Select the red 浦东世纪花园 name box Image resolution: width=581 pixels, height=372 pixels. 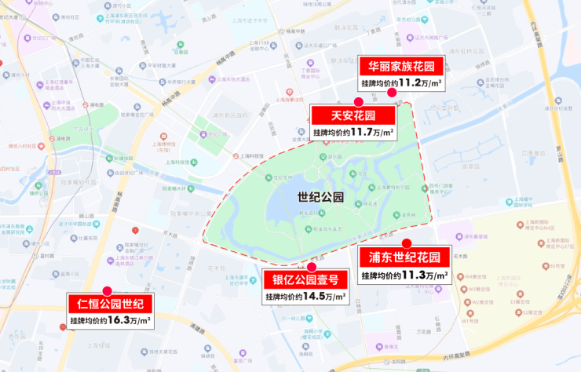pos(404,258)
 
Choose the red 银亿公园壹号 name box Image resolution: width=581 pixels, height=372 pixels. pos(305,280)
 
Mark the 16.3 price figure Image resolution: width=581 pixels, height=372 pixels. pos(119,320)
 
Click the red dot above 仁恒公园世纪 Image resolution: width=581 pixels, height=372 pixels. pos(108,290)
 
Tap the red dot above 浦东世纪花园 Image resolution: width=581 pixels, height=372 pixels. pos(407,243)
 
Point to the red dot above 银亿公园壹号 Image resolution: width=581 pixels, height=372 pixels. pos(312,267)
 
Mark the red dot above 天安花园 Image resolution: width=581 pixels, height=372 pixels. pos(358,102)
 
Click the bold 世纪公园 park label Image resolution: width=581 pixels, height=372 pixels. pos(321,199)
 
